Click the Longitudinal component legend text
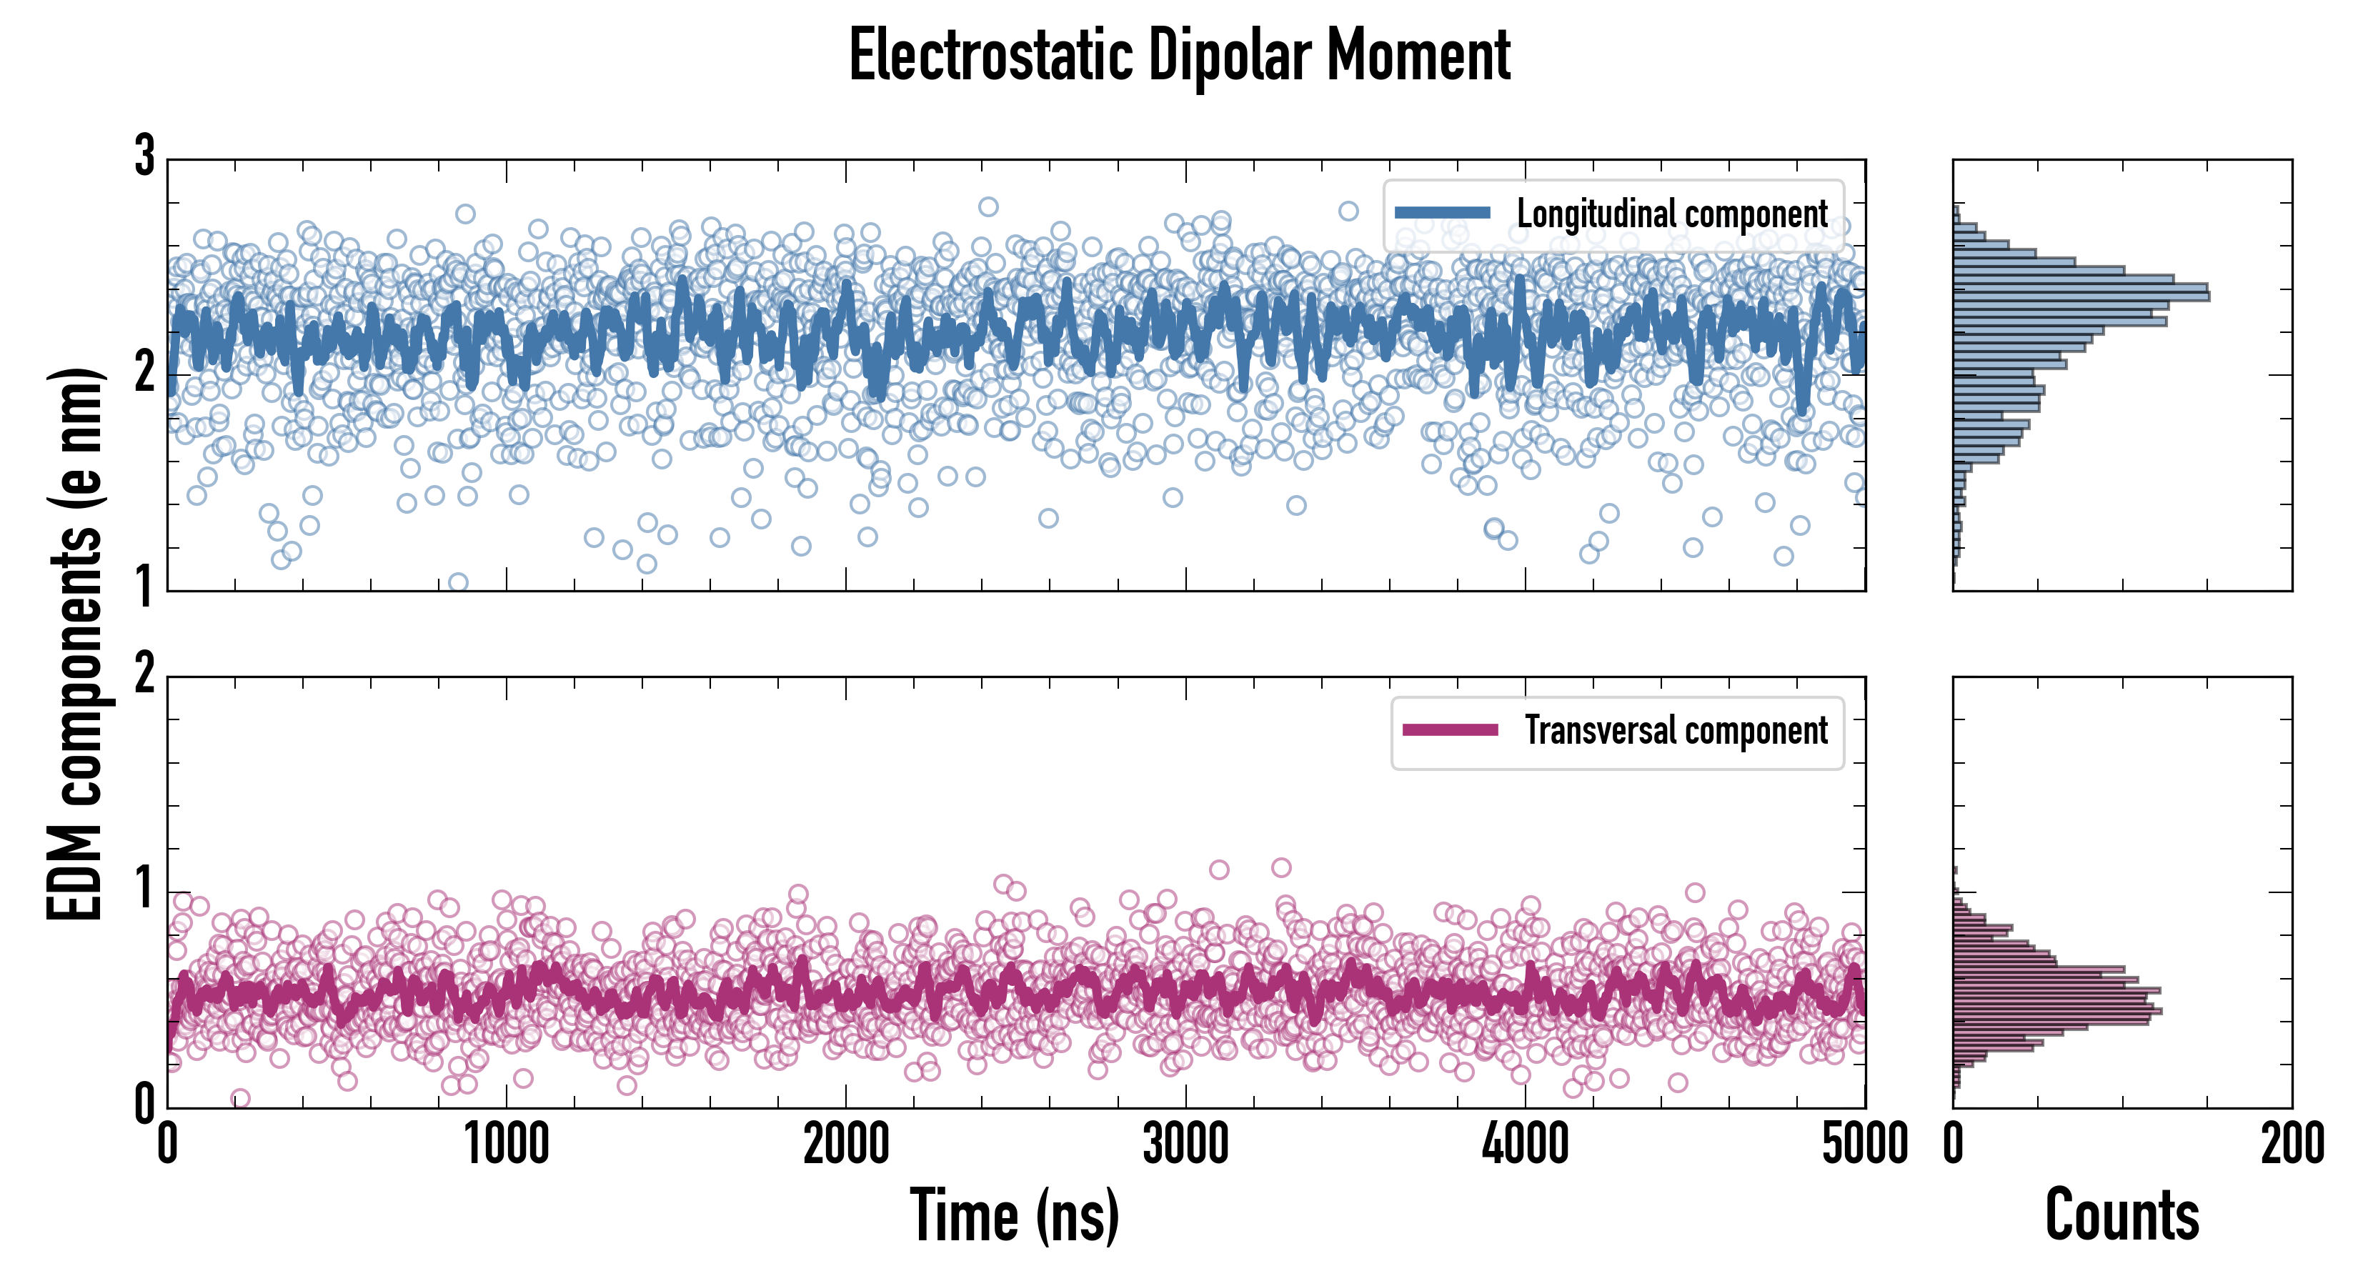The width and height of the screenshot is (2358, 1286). click(1671, 214)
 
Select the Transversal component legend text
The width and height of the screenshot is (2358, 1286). click(1675, 730)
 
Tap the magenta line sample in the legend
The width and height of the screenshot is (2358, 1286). click(1450, 730)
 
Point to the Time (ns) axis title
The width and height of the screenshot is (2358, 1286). click(1014, 1215)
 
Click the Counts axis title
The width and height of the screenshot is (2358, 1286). click(2121, 1215)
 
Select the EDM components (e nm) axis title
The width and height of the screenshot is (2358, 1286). click(75, 644)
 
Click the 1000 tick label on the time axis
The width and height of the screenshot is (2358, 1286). click(506, 1144)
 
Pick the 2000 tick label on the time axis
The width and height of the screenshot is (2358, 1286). click(846, 1144)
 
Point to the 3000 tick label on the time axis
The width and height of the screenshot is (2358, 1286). click(1185, 1144)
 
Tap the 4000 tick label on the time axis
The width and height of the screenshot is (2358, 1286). click(1525, 1144)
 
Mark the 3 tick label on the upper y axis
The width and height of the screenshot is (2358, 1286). click(144, 156)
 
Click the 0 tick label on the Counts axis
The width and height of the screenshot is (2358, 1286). click(1954, 1144)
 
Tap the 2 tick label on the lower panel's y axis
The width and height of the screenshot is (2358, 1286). click(144, 674)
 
